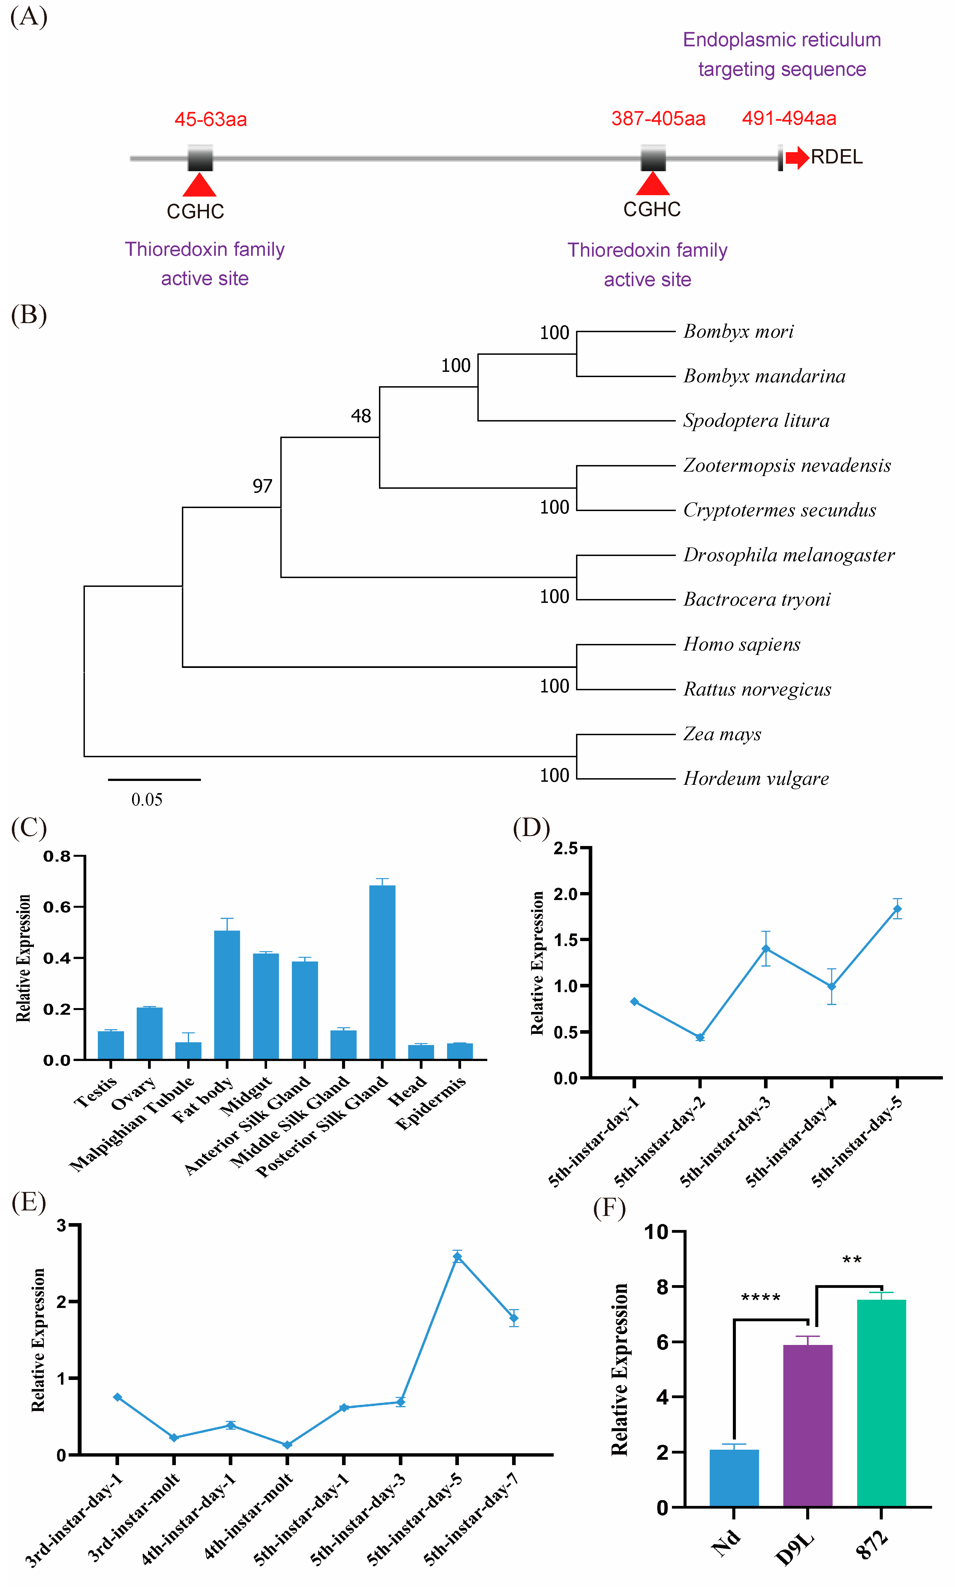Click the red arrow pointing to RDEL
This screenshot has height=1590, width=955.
tap(797, 157)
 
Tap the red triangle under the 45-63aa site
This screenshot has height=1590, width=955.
tap(200, 185)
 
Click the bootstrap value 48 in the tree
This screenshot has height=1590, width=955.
tap(361, 416)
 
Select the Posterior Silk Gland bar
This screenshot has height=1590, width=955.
tap(382, 972)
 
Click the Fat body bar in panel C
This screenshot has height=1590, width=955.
tap(227, 994)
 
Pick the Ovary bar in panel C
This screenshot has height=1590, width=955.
tap(149, 1033)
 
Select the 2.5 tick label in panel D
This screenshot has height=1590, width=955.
tap(566, 848)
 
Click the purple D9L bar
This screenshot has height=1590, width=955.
tap(808, 1425)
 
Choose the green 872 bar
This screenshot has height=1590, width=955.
tap(881, 1403)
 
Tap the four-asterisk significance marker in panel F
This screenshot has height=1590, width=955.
tap(761, 1298)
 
